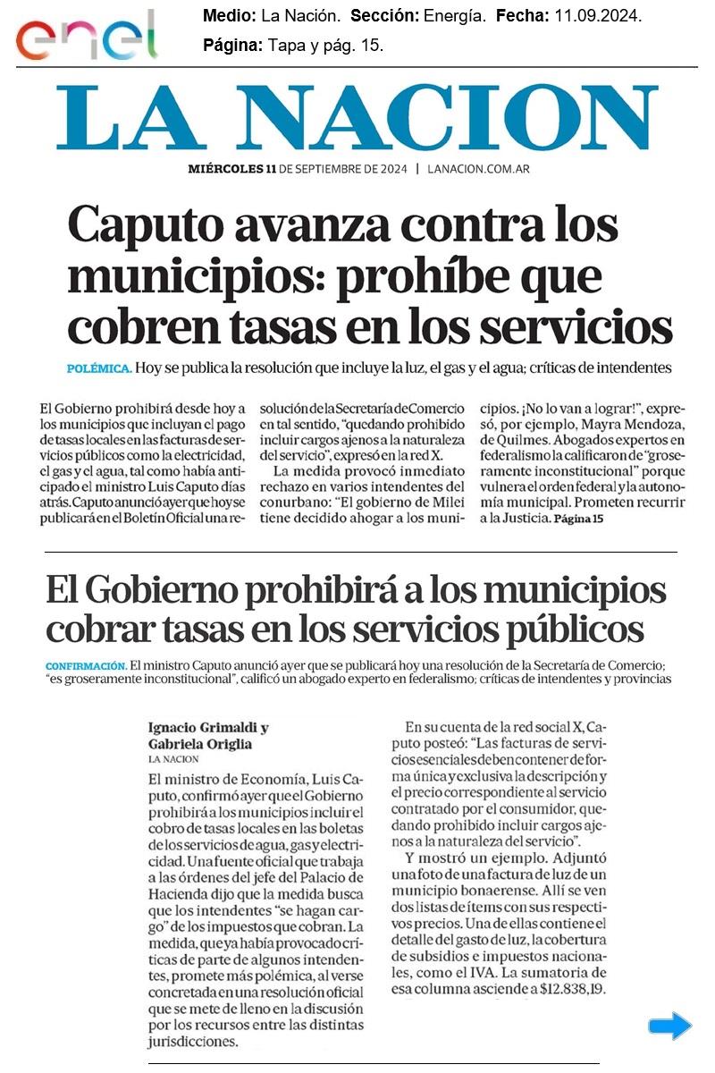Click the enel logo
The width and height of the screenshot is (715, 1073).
pyautogui.click(x=85, y=36)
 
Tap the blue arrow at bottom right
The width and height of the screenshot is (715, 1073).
pyautogui.click(x=669, y=1027)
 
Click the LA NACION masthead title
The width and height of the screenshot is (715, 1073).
pyautogui.click(x=357, y=120)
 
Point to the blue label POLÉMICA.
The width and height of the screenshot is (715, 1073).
pyautogui.click(x=99, y=368)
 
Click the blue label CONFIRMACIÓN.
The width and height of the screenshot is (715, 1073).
pyautogui.click(x=85, y=665)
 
